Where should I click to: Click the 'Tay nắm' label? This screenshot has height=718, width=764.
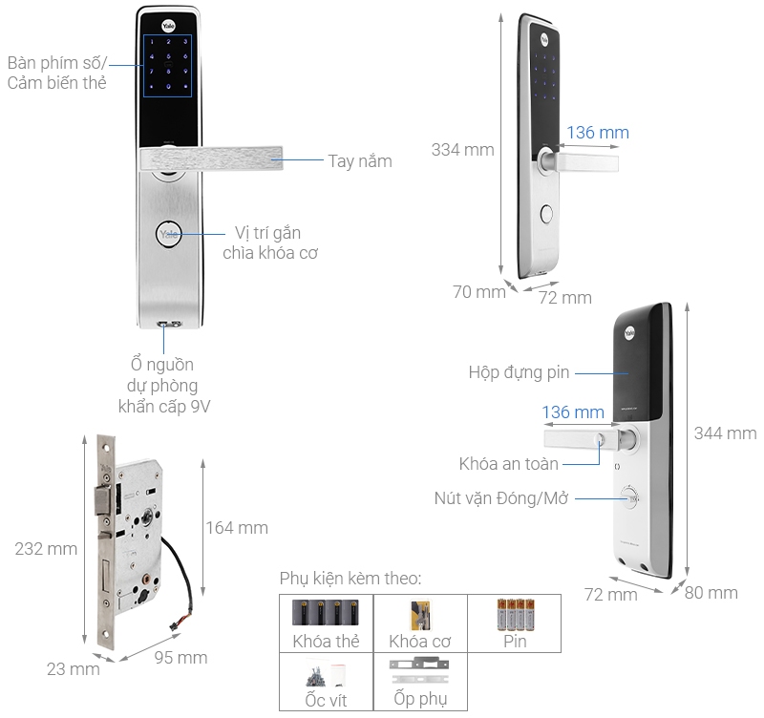pos(359,161)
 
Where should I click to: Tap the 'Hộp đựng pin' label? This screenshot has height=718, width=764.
pos(518,371)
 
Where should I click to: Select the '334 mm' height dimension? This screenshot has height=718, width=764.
pos(462,150)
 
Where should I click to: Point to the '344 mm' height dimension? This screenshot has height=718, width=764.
pos(725,433)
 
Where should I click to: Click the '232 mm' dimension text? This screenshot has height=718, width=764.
pos(46,549)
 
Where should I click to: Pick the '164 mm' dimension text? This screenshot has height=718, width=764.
pos(237,527)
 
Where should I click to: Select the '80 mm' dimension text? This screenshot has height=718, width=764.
pos(711,593)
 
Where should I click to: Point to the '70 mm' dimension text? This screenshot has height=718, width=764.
pos(478,292)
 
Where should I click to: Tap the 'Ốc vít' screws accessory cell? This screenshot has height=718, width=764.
pos(326,683)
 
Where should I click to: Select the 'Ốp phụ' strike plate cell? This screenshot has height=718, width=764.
pos(419,683)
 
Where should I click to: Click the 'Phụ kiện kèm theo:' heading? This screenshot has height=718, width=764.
pos(350,579)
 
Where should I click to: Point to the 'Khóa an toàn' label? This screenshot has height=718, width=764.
pos(508,463)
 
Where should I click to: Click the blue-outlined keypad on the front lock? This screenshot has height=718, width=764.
pos(168,66)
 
